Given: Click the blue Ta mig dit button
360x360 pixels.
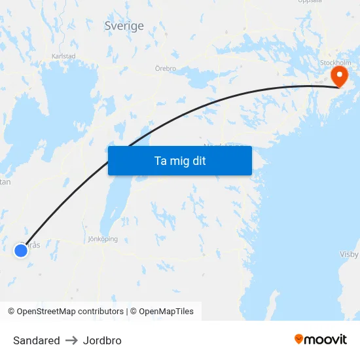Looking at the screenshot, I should click(x=179, y=160).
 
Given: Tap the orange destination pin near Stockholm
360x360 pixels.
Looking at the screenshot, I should click(x=339, y=75).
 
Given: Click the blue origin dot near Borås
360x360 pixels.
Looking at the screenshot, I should click(x=21, y=250).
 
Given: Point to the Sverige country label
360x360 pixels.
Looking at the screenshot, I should click(x=124, y=26).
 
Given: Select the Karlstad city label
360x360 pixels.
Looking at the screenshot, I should click(x=63, y=56).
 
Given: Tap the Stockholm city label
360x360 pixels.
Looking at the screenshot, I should click(x=336, y=63).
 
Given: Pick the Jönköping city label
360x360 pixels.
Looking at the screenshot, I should click(x=103, y=239).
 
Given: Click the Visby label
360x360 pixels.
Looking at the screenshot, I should click(x=349, y=254).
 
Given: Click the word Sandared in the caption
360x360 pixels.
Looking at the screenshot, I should click(x=37, y=340).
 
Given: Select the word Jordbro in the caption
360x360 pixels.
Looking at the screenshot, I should click(x=102, y=340).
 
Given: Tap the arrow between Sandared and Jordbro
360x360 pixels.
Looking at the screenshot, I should click(x=71, y=340).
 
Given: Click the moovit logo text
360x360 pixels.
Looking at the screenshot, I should click(x=326, y=340).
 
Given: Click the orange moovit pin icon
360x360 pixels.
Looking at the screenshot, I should click(x=299, y=339).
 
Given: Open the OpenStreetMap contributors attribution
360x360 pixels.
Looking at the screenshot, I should click(x=65, y=312).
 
